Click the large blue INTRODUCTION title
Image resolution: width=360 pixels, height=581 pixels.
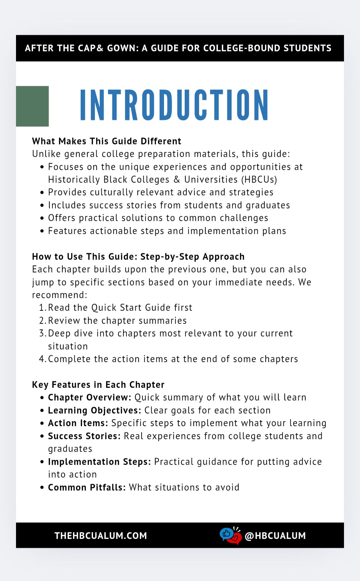(174, 105)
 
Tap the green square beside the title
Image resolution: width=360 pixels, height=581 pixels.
(32, 106)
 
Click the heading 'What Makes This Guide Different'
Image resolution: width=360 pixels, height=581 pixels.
(107, 141)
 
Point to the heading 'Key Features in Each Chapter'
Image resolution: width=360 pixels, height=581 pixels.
(98, 385)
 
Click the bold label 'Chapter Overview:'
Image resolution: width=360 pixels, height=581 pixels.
(90, 398)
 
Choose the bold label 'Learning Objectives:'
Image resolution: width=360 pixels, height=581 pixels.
(95, 410)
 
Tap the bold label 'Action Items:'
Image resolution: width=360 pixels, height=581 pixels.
(78, 423)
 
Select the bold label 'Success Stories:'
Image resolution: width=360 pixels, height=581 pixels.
(84, 436)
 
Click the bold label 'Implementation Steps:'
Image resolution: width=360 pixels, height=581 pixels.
(99, 462)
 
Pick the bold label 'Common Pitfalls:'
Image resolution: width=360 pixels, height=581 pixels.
(87, 487)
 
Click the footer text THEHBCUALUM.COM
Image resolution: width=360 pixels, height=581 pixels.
(101, 536)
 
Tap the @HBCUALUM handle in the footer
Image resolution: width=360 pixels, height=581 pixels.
(275, 536)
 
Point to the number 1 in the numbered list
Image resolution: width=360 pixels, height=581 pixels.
(42, 308)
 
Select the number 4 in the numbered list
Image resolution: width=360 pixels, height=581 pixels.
(42, 359)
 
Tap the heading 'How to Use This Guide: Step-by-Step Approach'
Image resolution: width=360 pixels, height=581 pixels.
(138, 256)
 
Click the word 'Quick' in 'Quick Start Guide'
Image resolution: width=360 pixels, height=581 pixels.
(104, 308)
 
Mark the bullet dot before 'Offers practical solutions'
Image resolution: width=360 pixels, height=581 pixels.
(42, 218)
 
